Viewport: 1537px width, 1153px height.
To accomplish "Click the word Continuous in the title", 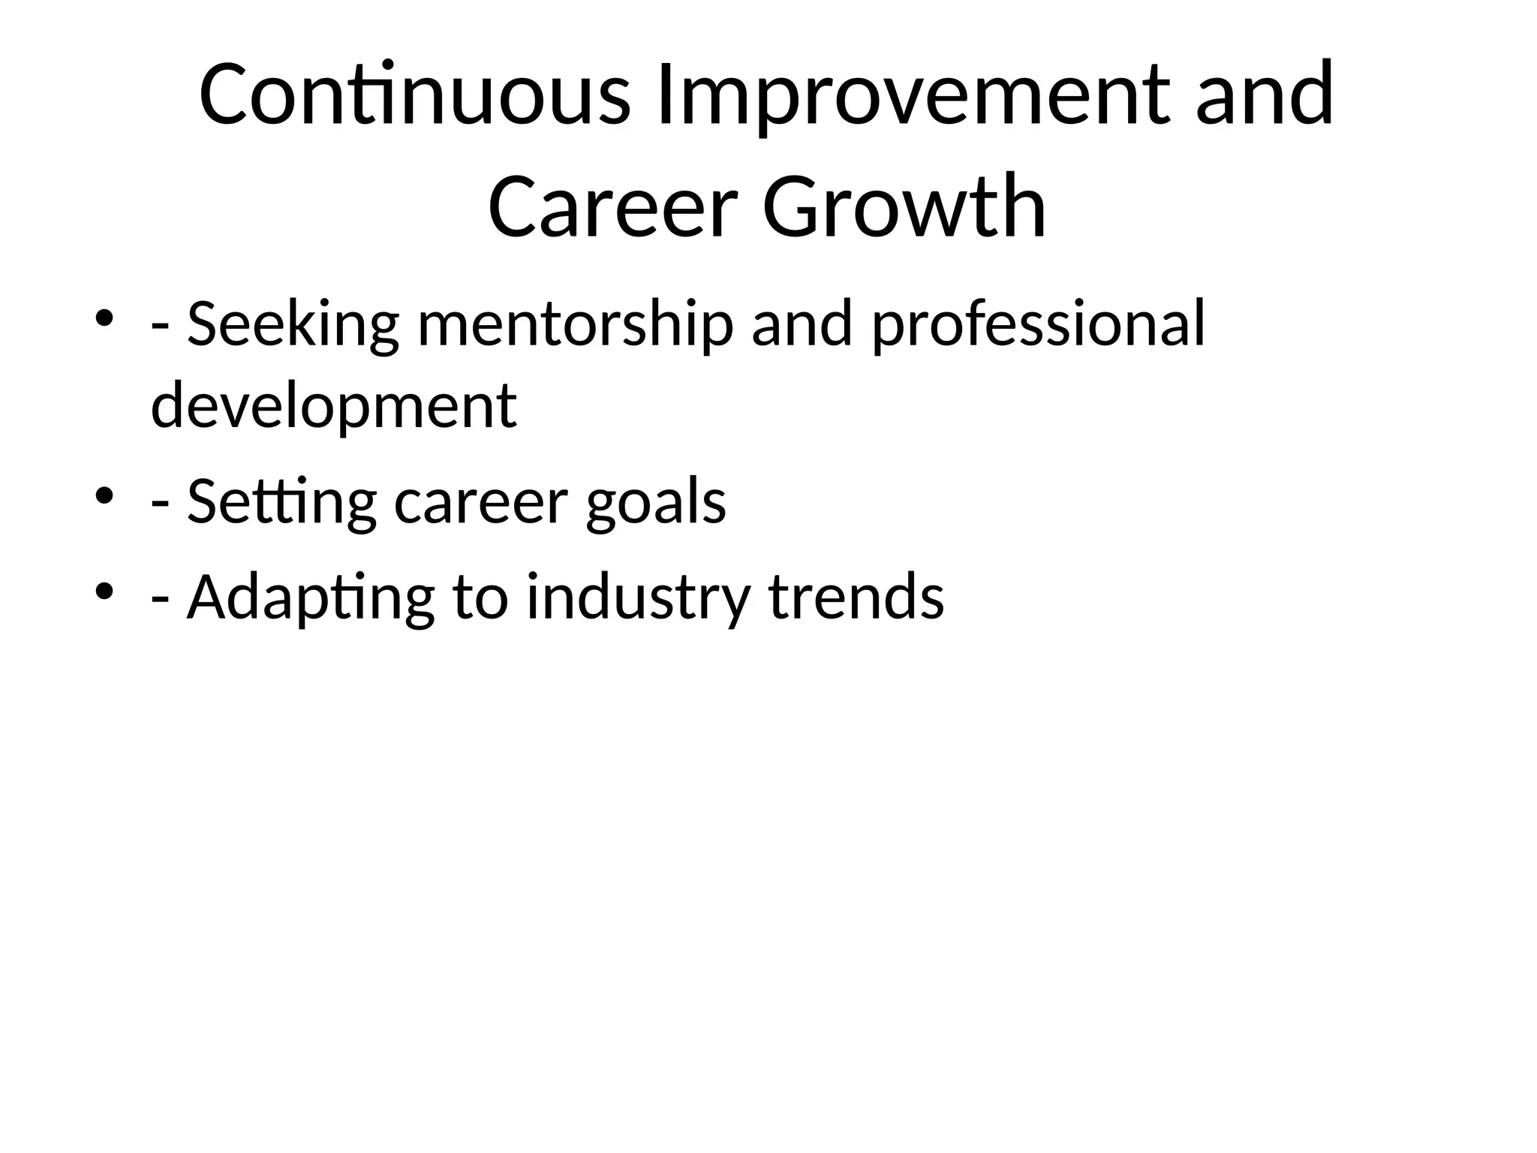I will pos(414,96).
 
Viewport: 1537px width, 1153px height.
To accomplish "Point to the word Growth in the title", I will pos(904,206).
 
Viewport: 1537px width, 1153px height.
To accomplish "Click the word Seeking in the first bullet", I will pos(293,325).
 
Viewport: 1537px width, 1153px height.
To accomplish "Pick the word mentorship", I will pos(575,325).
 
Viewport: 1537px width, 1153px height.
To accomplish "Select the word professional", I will pos(1039,325).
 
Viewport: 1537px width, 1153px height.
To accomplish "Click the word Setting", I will pos(281,501).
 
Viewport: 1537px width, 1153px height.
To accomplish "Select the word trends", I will pos(856,598).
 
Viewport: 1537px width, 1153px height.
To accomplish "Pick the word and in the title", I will pos(1265,96).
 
